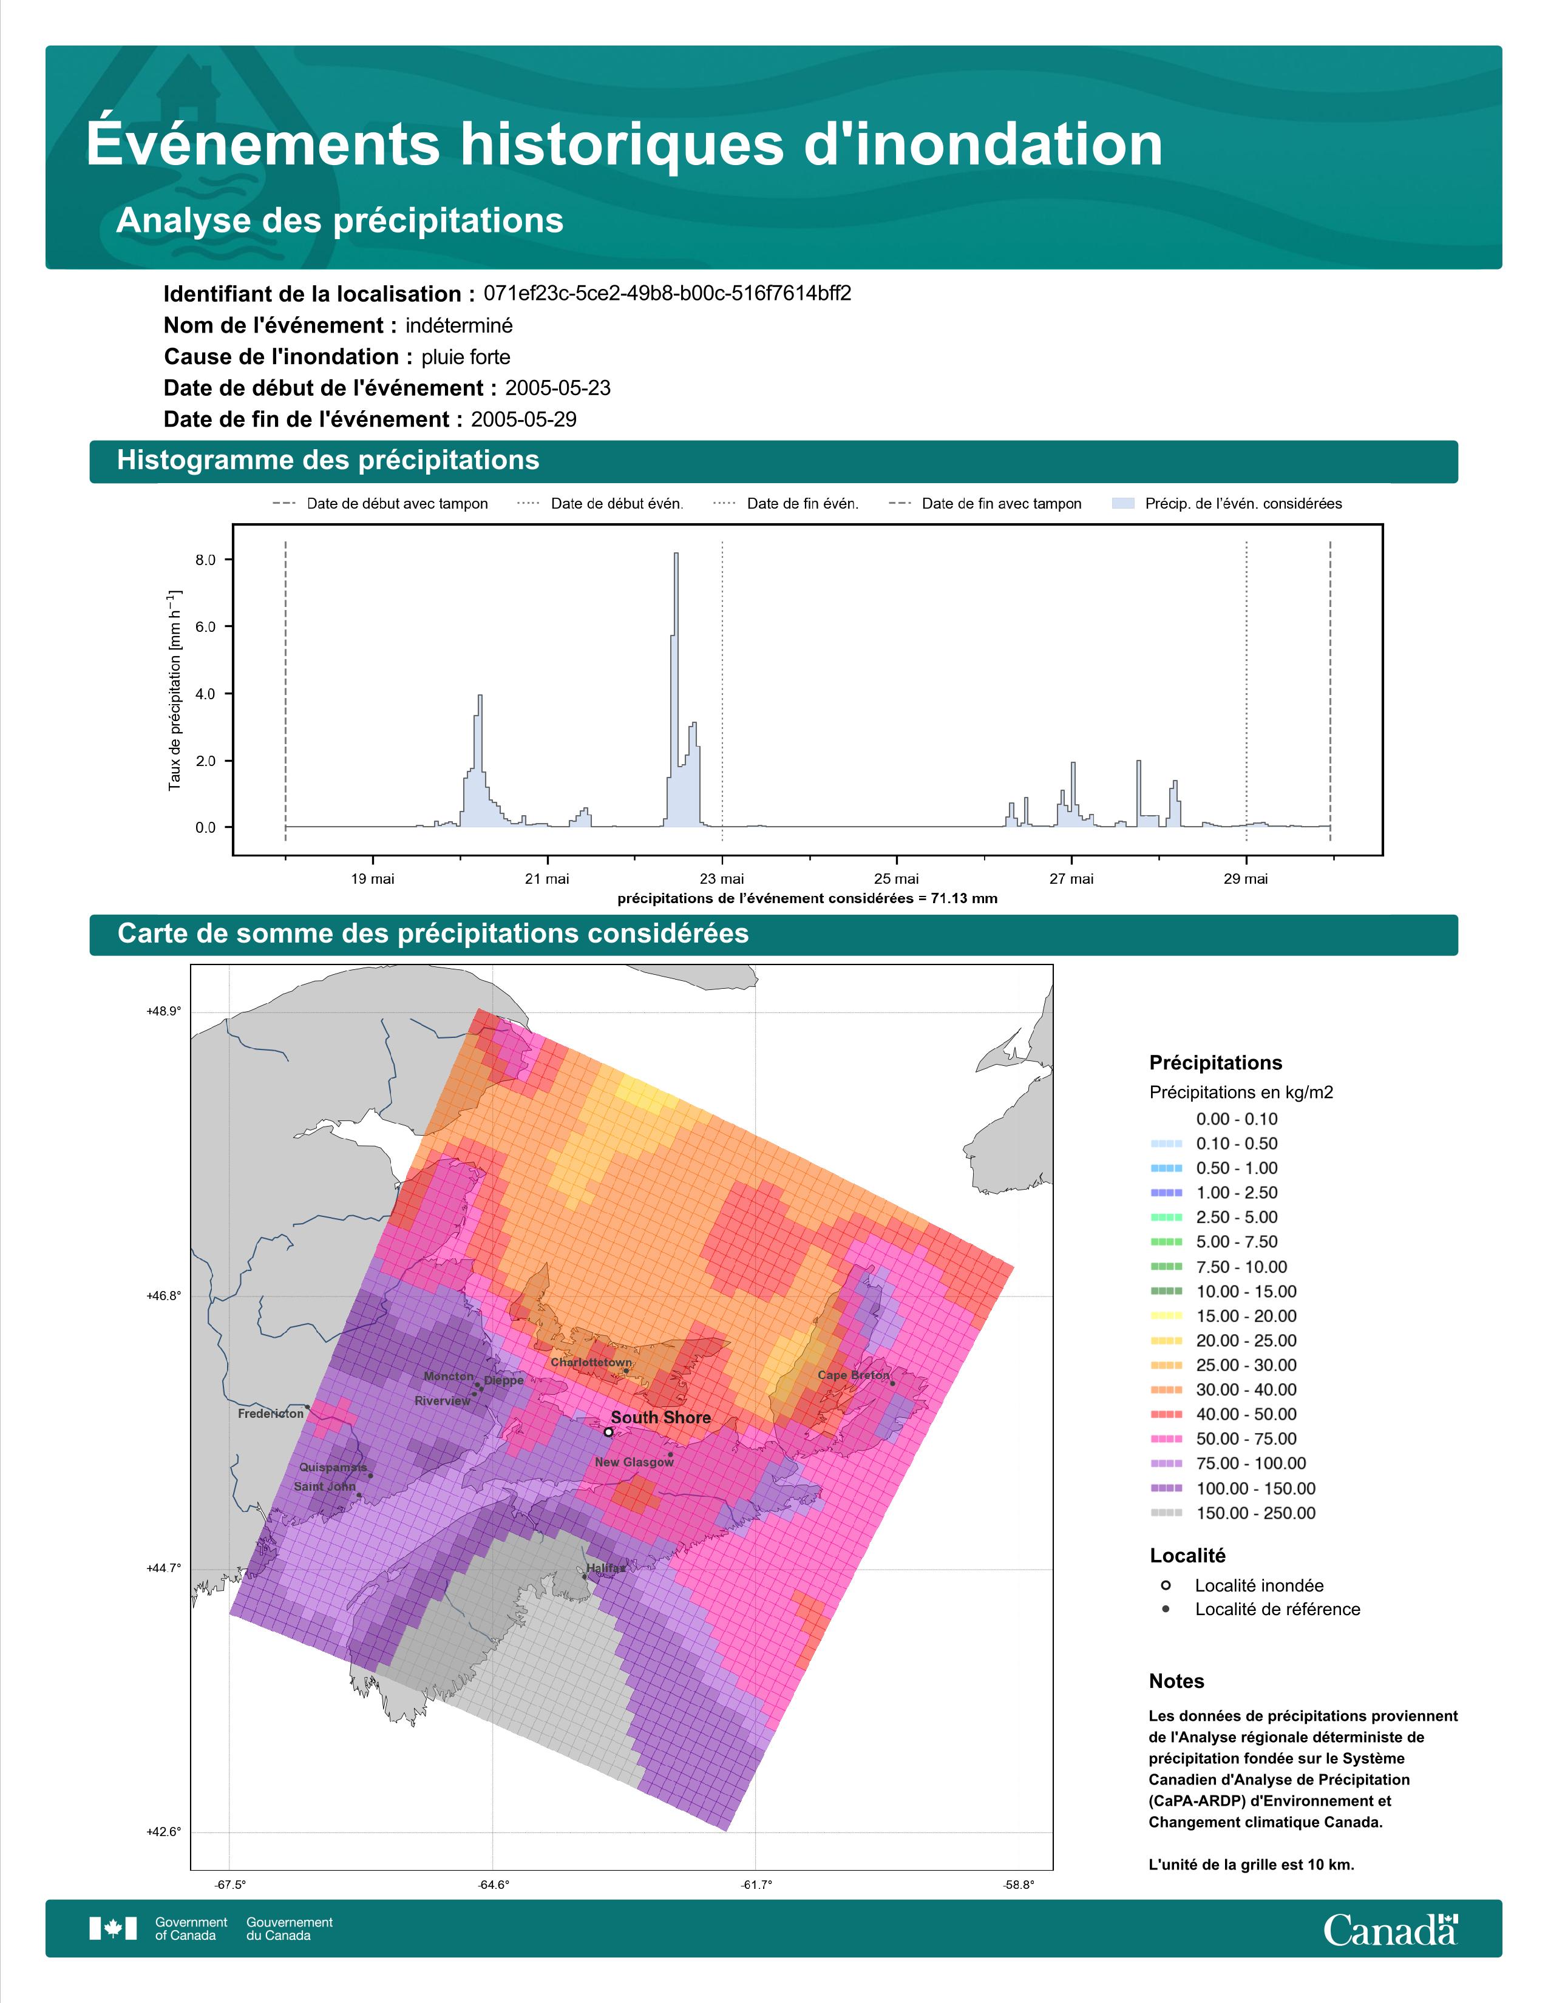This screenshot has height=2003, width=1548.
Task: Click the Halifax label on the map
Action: [x=605, y=1567]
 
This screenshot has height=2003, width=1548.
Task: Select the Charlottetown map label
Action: [x=591, y=1362]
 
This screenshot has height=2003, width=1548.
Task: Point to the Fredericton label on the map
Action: [x=271, y=1413]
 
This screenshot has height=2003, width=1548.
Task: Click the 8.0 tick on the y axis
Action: [x=205, y=560]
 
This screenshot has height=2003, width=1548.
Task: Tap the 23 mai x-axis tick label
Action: [x=722, y=879]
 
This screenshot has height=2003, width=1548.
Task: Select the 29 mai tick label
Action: [x=1245, y=879]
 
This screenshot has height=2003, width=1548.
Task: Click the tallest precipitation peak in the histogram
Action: [x=676, y=554]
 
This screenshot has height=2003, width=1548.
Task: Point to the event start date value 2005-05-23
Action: [x=557, y=388]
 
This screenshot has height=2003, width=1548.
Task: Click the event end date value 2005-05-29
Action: [x=524, y=419]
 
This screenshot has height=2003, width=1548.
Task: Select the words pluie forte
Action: [x=466, y=357]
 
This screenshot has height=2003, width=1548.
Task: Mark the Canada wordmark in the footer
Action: [x=1390, y=1930]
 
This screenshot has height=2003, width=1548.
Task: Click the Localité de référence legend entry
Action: [x=1260, y=1608]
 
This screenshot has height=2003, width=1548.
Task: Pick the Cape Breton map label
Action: [x=853, y=1375]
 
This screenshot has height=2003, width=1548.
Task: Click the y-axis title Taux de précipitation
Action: [x=174, y=691]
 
